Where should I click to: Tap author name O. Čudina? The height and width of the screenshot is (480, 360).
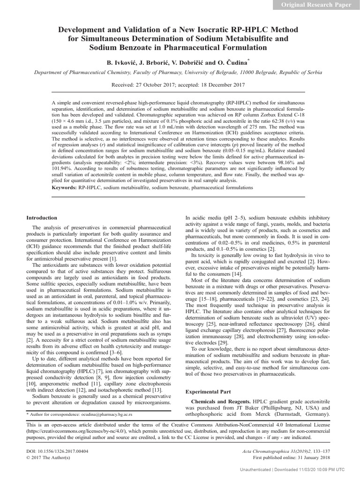coord(233,62)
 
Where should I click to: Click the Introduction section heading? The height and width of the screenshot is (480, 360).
coord(42,217)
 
